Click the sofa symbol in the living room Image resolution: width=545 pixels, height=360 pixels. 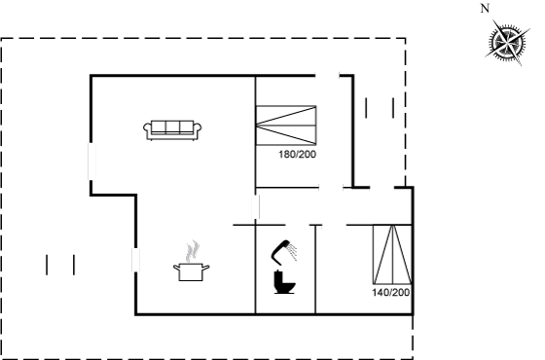tap(172, 130)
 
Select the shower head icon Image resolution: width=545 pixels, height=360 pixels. tap(281, 251)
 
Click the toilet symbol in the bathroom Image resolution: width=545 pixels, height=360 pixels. tap(284, 282)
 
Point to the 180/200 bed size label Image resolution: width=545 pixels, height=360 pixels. tap(297, 155)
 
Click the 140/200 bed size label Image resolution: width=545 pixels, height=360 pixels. tap(390, 293)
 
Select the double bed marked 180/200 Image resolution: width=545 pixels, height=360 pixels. tap(286, 126)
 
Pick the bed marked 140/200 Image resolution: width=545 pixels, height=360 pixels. tap(392, 255)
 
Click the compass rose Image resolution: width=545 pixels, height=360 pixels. tap(507, 43)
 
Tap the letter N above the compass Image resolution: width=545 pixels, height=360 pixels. tap(486, 9)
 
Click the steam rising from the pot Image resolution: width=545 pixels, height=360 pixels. tap(193, 251)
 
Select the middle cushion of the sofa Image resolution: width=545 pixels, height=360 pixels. tap(172, 126)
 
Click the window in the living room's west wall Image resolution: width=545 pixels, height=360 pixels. tap(91, 162)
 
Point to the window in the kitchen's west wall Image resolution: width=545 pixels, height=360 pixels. tap(135, 260)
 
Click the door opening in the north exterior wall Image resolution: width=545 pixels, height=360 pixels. tap(327, 75)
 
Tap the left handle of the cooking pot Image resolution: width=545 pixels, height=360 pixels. tap(176, 268)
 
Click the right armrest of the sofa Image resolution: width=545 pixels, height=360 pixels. tap(198, 129)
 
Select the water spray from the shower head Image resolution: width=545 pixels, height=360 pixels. tap(293, 251)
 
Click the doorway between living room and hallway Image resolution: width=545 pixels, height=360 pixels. tap(256, 207)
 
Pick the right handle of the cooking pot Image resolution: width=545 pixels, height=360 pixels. tap(205, 268)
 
